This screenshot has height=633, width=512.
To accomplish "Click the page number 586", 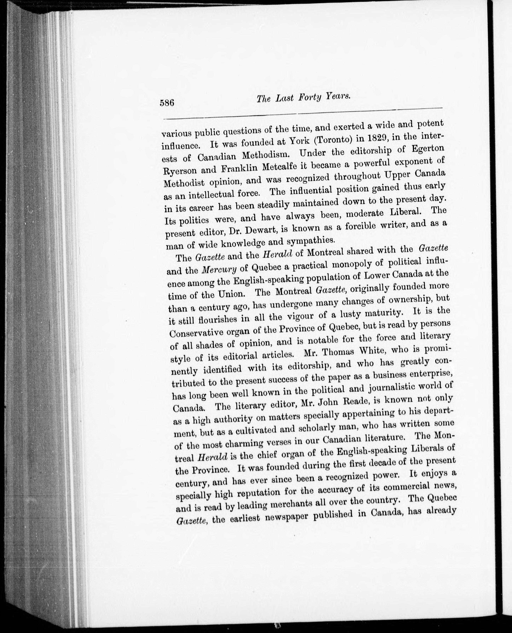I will tap(167, 103).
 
